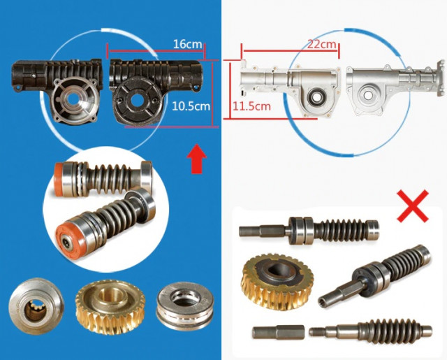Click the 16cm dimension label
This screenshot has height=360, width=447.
pyautogui.click(x=188, y=44)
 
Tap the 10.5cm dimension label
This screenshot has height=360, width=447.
pyautogui.click(x=191, y=106)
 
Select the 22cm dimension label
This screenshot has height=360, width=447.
pyautogui.click(x=321, y=44)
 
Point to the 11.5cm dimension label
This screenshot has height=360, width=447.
pyautogui.click(x=251, y=106)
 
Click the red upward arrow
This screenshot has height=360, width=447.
pyautogui.click(x=197, y=159)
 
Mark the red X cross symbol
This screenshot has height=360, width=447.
pyautogui.click(x=413, y=206)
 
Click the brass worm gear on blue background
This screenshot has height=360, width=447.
pyautogui.click(x=110, y=306)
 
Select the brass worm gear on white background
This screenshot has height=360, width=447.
pyautogui.click(x=277, y=281)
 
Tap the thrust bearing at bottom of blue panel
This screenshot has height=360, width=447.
pyautogui.click(x=184, y=305)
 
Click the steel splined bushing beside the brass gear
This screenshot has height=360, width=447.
pyautogui.click(x=36, y=305)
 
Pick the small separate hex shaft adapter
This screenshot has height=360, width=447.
pyautogui.click(x=278, y=332)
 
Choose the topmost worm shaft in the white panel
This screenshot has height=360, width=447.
pyautogui.click(x=309, y=230)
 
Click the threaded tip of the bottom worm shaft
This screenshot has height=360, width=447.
pyautogui.click(x=316, y=332)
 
